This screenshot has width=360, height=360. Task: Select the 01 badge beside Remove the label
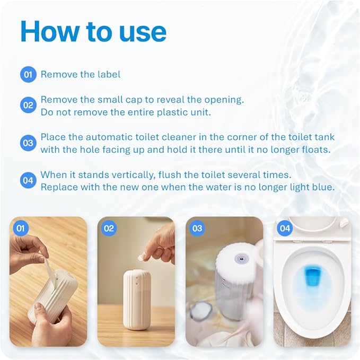(28, 74)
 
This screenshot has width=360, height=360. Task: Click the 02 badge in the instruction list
(28, 105)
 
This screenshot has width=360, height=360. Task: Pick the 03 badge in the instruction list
(28, 143)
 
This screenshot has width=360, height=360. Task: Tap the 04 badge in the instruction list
(28, 181)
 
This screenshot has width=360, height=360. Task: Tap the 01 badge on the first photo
(21, 229)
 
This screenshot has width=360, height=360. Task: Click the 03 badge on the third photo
(197, 229)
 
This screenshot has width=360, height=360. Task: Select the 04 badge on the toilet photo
(285, 229)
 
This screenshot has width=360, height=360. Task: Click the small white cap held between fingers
(142, 257)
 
